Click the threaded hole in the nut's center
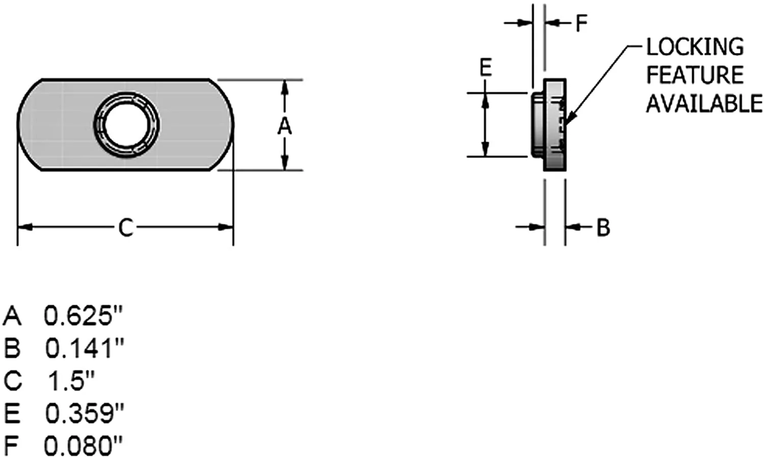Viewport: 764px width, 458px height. coord(126,125)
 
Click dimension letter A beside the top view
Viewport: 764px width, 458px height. coord(284,126)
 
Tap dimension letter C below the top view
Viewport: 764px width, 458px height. coord(125,228)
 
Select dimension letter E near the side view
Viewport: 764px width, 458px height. coord(486,67)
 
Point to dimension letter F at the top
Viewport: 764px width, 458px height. coord(582,23)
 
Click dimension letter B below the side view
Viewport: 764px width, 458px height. coord(603,227)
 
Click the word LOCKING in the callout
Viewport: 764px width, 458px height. coord(695,47)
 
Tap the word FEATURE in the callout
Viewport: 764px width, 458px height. coord(695,75)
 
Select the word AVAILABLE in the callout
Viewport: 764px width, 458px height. coord(704,103)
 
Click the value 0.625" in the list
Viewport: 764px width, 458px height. coord(83,316)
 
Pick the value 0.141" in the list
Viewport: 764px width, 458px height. coord(84,348)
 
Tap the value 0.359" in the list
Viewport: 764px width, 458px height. coord(85,413)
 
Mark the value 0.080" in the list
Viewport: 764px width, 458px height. coord(83,445)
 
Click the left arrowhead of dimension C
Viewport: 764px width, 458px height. coord(25,227)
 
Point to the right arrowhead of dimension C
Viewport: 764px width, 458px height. coord(226,227)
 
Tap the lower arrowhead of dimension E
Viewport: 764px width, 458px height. coord(485,149)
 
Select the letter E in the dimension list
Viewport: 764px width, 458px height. coord(12,413)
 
